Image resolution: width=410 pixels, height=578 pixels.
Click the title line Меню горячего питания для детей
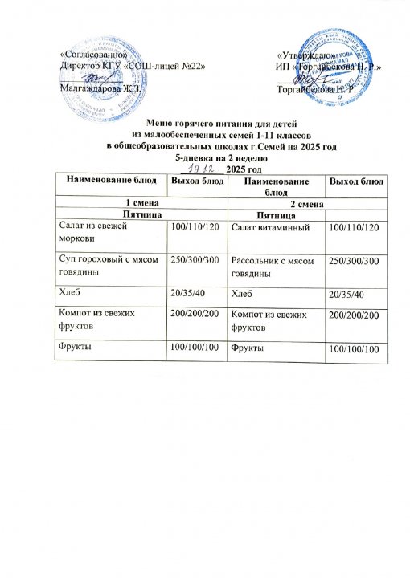point(204,124)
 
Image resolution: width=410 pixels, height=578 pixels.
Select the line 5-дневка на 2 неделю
point(204,158)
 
